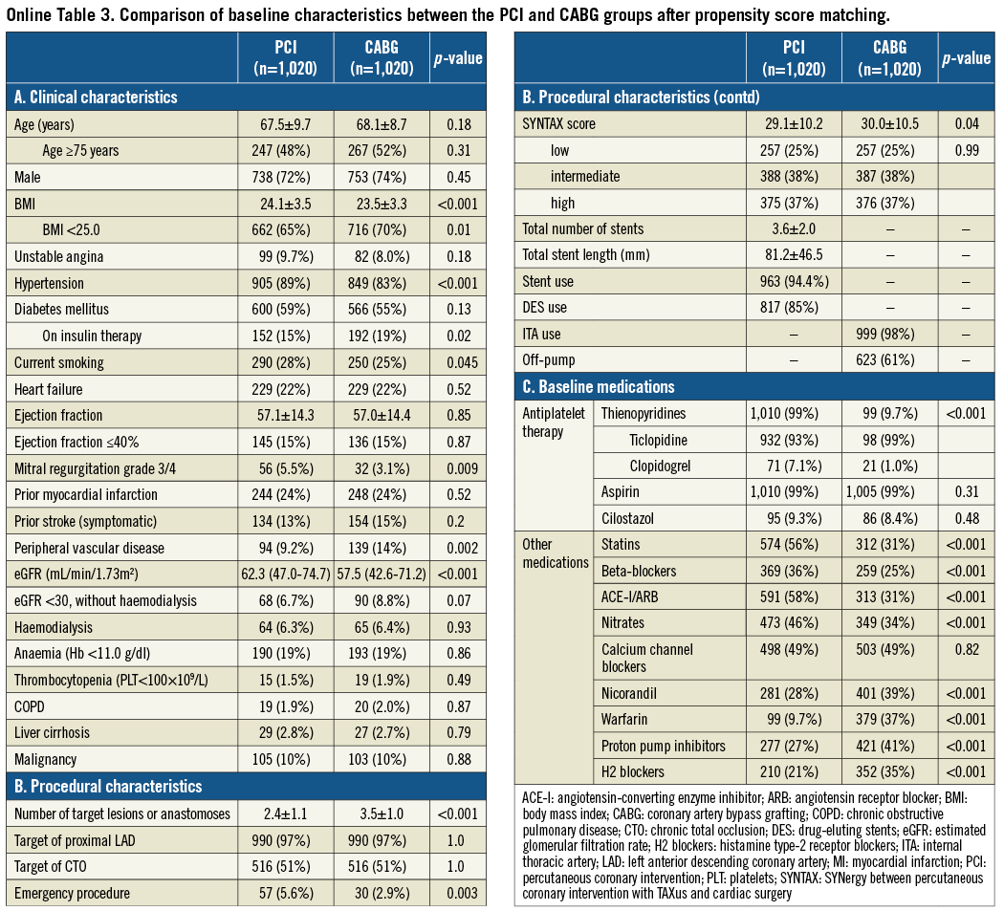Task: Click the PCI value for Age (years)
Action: tap(286, 124)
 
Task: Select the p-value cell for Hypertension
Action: tap(458, 283)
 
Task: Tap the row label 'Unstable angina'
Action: tap(59, 256)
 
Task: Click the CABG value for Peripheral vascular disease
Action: tap(382, 548)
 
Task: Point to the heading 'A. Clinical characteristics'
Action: tap(96, 97)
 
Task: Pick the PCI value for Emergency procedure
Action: tap(286, 893)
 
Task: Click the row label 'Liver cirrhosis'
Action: tap(52, 732)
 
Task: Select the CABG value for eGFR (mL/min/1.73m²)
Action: tap(382, 574)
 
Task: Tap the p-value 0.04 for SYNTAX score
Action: tap(966, 124)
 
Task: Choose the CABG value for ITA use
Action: tap(889, 335)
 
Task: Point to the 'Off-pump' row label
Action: tap(549, 360)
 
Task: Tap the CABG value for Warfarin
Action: tap(889, 719)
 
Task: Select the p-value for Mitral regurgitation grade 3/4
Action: tap(458, 468)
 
